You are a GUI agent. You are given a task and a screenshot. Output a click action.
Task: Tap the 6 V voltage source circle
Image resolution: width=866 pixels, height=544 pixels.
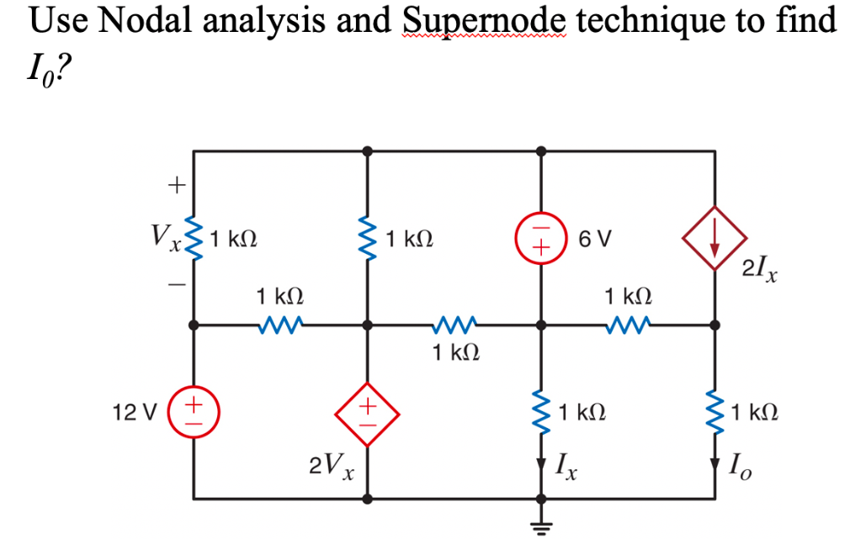pyautogui.click(x=540, y=239)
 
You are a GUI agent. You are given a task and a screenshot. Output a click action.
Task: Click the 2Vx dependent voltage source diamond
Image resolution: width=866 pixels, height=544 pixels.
pyautogui.click(x=366, y=413)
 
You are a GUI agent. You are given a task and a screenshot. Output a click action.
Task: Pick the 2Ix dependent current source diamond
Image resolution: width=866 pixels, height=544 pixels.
pyautogui.click(x=715, y=239)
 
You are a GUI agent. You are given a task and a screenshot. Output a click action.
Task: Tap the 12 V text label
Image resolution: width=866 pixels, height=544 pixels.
pyautogui.click(x=135, y=413)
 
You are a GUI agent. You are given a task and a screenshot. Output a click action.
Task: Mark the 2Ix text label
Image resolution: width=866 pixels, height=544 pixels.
pyautogui.click(x=760, y=270)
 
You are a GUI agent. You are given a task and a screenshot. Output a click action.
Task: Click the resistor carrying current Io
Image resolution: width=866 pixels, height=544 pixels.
pyautogui.click(x=715, y=413)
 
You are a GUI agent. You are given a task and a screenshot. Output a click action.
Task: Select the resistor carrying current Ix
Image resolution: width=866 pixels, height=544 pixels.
pyautogui.click(x=540, y=413)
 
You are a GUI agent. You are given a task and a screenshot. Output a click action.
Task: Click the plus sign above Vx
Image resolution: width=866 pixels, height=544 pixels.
pyautogui.click(x=177, y=182)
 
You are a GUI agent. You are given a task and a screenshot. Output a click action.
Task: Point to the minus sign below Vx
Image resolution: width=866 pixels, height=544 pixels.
pyautogui.click(x=177, y=287)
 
